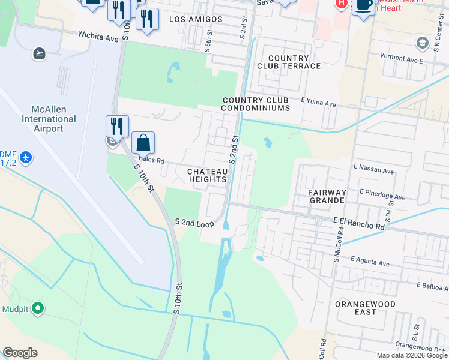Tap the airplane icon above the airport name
tap(40, 53)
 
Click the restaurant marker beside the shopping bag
tap(117, 126)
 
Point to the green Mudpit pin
tap(38, 308)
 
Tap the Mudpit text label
tap(13, 309)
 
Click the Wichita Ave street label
tap(98, 35)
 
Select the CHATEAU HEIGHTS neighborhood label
tap(208, 175)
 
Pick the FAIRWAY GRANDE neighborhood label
tap(327, 197)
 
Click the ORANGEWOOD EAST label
tap(365, 308)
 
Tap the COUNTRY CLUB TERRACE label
tap(289, 62)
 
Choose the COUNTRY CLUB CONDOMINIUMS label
tap(256, 104)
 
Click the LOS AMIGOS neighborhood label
tap(196, 19)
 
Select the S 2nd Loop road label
tap(194, 223)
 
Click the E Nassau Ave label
tap(373, 171)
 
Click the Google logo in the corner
tap(20, 352)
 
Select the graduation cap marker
tap(422, 43)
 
